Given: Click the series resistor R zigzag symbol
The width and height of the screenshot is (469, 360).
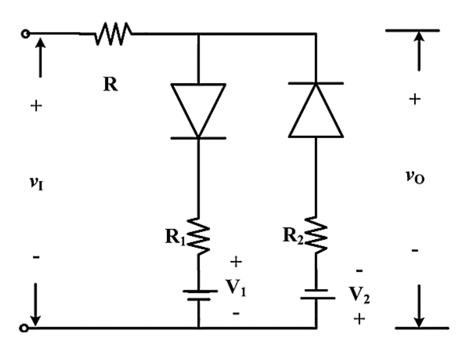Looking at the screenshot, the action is click(x=113, y=34).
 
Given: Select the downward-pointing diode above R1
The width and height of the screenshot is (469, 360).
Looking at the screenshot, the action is click(x=198, y=111).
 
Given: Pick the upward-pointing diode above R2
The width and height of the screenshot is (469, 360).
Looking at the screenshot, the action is click(x=316, y=110).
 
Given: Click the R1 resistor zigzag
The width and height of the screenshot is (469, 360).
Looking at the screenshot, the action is click(x=198, y=236).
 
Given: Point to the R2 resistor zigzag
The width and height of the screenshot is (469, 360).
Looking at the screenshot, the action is click(x=316, y=235).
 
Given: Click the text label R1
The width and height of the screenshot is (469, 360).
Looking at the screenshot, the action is click(x=175, y=237).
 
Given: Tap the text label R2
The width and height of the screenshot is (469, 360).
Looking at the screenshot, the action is click(x=293, y=235).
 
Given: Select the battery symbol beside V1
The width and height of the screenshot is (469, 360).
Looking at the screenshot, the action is click(x=200, y=295).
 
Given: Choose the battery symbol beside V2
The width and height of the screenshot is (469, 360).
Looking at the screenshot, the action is click(x=317, y=294).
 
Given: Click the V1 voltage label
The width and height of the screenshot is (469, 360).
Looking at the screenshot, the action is click(x=236, y=288).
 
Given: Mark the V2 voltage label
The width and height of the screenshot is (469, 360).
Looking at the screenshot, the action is click(x=359, y=295).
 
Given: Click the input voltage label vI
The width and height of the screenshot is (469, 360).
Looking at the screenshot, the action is click(x=36, y=182).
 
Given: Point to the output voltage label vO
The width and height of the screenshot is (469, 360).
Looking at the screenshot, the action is click(x=415, y=176).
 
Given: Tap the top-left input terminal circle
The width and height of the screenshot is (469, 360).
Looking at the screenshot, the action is click(x=26, y=34).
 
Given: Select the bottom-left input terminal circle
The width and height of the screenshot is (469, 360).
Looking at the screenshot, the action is click(x=24, y=328).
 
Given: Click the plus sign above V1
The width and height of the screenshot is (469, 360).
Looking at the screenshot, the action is click(x=236, y=262).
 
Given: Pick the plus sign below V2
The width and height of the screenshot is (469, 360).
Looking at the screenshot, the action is click(x=359, y=319).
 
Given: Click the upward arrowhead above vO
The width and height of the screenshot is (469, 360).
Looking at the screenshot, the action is click(x=419, y=36).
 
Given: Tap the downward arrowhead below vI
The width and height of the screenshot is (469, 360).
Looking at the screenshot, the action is click(x=35, y=320).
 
